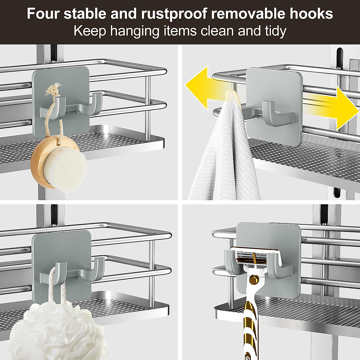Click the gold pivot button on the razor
[254, 280]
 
